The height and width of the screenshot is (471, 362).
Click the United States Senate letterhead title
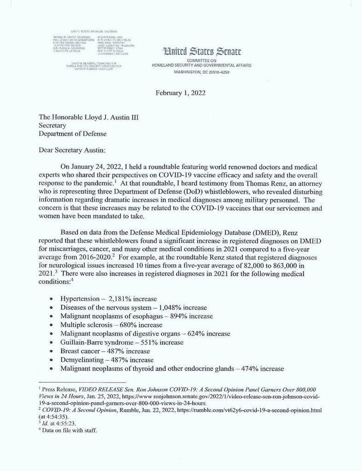coord(201,52)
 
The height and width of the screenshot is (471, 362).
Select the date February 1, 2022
coord(180,92)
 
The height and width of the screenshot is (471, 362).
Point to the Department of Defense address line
coord(72,134)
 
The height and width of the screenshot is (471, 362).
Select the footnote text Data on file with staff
coord(70,431)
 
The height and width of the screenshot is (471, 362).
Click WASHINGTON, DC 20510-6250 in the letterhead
coord(201,72)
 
